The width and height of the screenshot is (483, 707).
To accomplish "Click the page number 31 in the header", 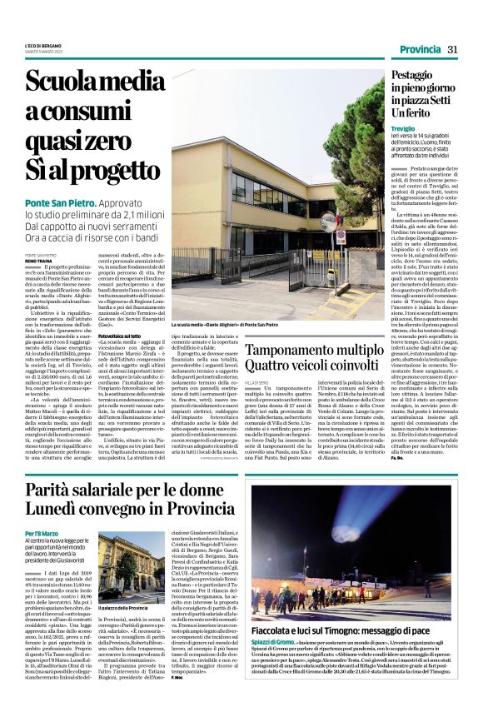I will click(452, 50).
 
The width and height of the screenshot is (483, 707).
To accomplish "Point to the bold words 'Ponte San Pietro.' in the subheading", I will click(59, 203).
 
